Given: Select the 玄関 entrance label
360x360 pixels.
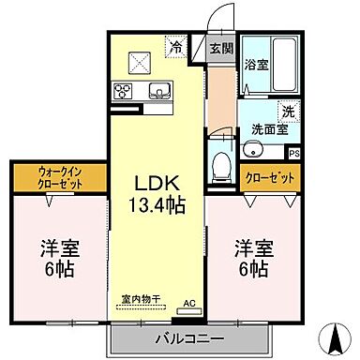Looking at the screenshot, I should click(x=221, y=49).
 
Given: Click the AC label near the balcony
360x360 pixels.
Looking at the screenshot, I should click(x=187, y=302).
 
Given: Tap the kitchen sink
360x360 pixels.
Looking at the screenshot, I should click(x=157, y=92).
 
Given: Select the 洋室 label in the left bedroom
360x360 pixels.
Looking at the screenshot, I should click(x=58, y=250).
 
